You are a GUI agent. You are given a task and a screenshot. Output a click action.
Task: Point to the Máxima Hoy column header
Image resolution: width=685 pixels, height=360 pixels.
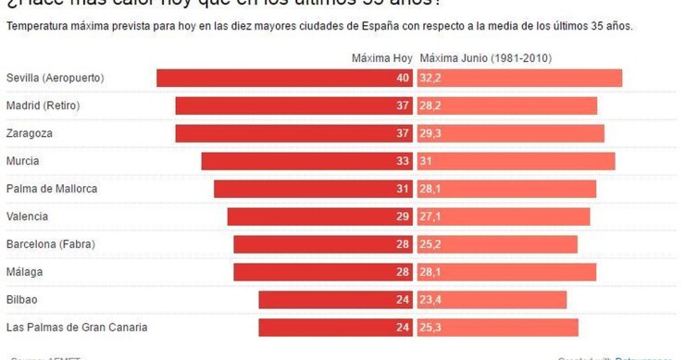pos(381,57)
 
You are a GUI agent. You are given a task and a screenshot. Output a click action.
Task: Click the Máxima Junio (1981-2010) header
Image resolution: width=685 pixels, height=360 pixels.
pos(485,57)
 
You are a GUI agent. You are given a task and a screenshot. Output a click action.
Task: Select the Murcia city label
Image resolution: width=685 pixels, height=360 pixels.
pos(22,161)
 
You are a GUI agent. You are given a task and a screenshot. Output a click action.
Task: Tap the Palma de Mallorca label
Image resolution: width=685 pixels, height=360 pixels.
pos(52,189)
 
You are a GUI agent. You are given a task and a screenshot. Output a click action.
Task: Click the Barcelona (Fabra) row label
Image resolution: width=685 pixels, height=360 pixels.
pos(50,244)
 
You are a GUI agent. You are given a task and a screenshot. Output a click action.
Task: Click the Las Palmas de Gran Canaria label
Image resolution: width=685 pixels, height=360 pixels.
pos(77,328)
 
